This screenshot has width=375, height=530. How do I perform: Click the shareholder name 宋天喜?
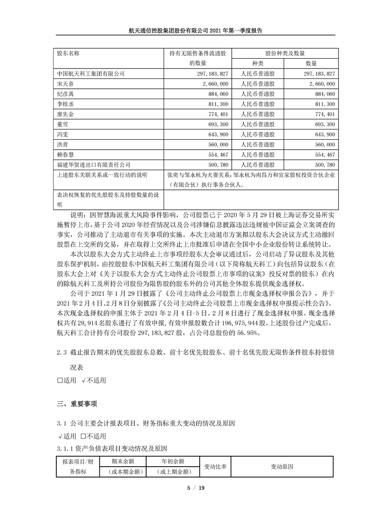click(64, 84)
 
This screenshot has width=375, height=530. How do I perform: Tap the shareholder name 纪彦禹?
click(64, 94)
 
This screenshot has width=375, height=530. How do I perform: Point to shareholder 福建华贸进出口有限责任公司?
click(93, 165)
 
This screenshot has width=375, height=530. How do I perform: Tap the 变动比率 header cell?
click(215, 466)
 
